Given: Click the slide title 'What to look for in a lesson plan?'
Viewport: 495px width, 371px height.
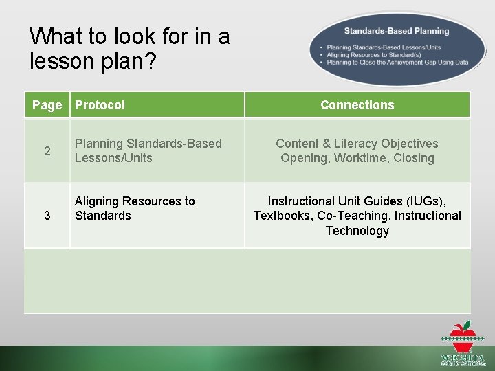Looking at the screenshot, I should [130, 48].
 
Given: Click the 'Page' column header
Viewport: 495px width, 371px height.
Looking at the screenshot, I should [47, 105].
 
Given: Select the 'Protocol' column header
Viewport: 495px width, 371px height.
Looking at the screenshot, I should [100, 105].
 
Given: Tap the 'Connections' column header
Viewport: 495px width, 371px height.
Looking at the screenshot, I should [357, 105].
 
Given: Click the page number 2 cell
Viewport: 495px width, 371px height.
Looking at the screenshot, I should [47, 151].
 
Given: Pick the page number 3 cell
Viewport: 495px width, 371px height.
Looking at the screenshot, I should [47, 216].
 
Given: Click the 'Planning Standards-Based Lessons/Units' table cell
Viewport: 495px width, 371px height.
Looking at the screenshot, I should [148, 150].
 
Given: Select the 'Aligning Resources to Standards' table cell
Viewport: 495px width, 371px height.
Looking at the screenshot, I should [135, 208].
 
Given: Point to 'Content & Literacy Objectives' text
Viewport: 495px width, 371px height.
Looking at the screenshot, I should [357, 144].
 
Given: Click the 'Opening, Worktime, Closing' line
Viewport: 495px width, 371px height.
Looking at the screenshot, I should [357, 158].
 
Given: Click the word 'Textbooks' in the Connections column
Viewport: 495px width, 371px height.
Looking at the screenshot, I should [283, 216].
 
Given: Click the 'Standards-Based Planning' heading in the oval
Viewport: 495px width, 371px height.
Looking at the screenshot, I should [396, 31].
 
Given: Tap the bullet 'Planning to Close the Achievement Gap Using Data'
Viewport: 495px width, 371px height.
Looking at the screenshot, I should [397, 62].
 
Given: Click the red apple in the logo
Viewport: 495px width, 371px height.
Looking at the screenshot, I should [461, 330].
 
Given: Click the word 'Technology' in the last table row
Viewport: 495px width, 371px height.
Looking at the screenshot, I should [357, 231].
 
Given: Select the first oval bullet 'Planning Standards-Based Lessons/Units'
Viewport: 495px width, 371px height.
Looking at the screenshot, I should [384, 47].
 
